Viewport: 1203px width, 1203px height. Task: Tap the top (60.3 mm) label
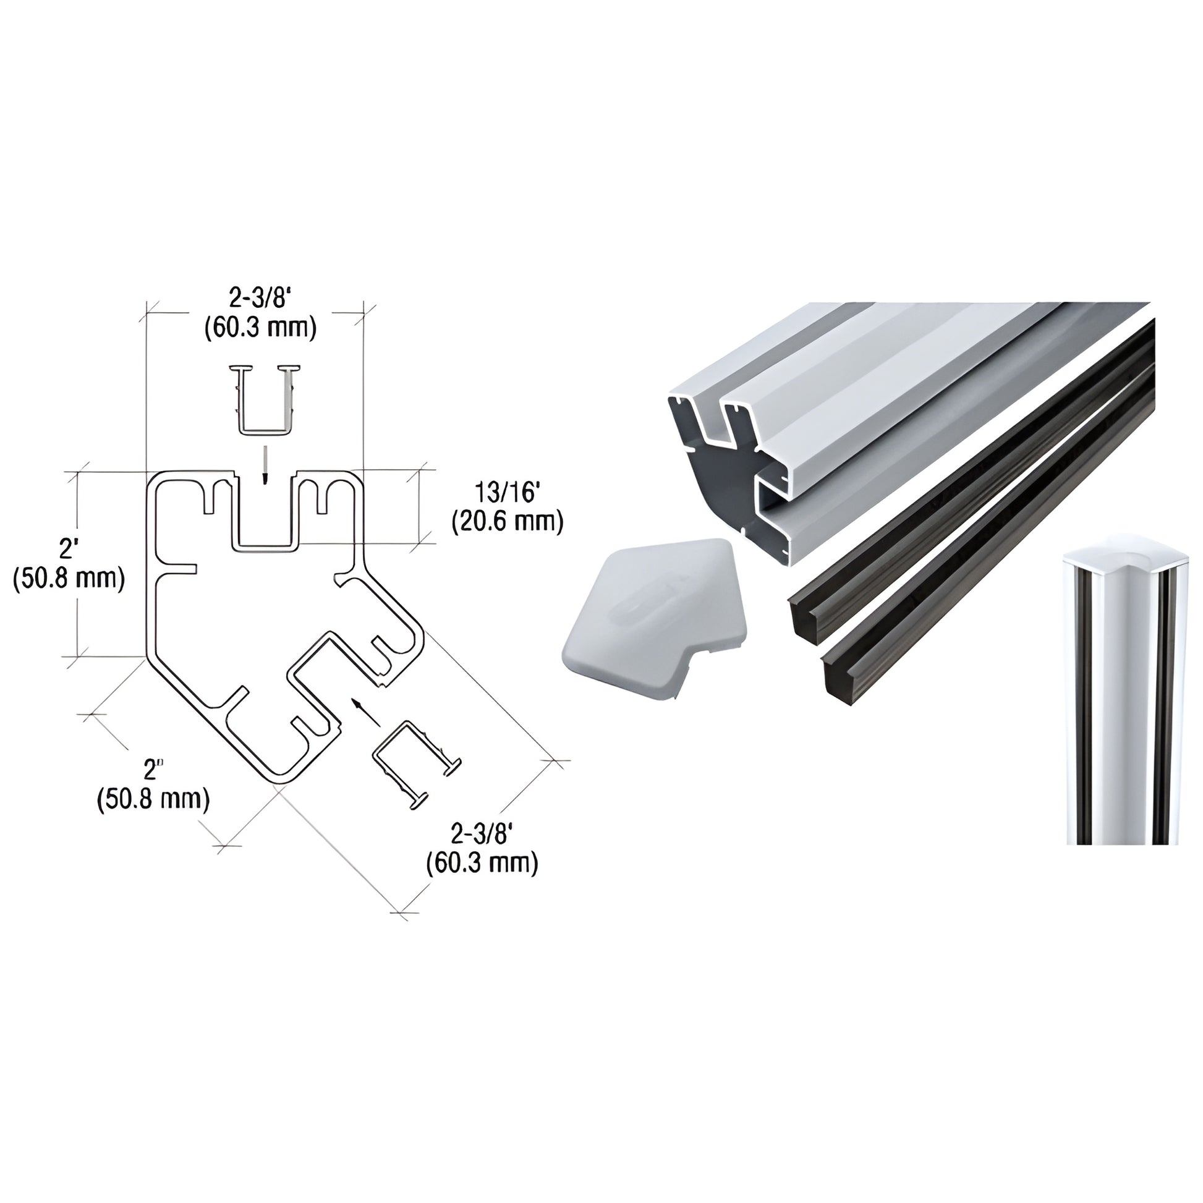(260, 328)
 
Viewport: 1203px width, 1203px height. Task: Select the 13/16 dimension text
(506, 493)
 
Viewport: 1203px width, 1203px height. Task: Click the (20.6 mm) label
(507, 522)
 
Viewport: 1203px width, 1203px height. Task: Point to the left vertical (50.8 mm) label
(69, 579)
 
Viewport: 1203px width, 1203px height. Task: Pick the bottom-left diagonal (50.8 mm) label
(153, 798)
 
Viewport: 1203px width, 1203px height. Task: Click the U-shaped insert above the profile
(265, 399)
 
